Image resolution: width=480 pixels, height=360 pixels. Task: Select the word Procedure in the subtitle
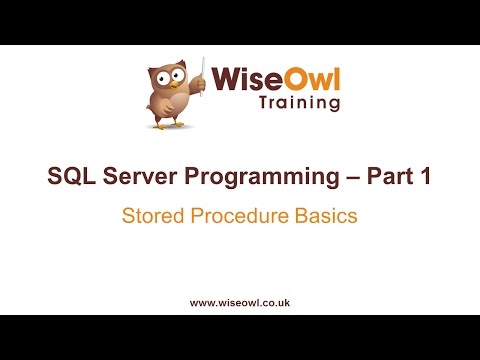click(236, 215)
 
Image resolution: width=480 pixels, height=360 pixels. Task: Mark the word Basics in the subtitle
click(324, 215)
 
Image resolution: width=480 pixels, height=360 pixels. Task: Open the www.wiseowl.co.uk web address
click(239, 301)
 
